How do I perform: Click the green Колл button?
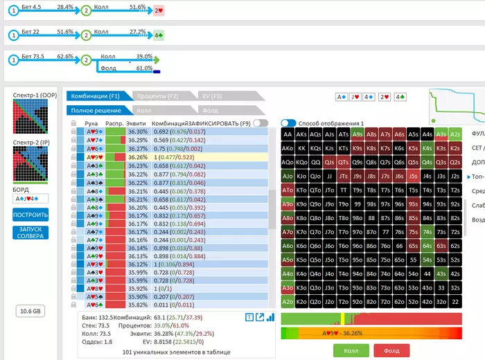pyautogui.click(x=351, y=351)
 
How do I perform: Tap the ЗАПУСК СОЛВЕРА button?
pyautogui.click(x=30, y=231)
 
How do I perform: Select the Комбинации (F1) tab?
pyautogui.click(x=96, y=96)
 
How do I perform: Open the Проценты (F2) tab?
pyautogui.click(x=157, y=96)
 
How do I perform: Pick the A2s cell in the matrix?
pyautogui.click(x=455, y=134)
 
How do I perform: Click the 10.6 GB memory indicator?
pyautogui.click(x=30, y=311)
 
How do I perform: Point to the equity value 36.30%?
pyautogui.click(x=138, y=132)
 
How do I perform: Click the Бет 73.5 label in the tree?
pyautogui.click(x=35, y=56)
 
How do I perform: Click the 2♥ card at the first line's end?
pyautogui.click(x=158, y=11)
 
